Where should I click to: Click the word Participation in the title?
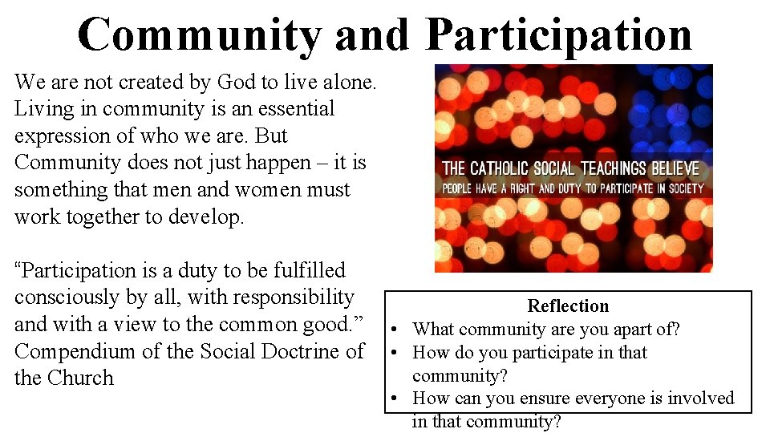pyautogui.click(x=559, y=34)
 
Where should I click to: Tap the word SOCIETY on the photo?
pyautogui.click(x=679, y=188)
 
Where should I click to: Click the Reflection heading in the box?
pyautogui.click(x=568, y=306)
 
